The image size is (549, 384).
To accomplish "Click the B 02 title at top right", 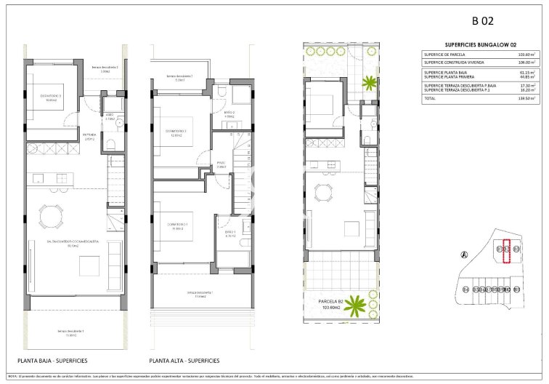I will [x=481, y=20].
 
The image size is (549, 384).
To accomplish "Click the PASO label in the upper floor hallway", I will [x=221, y=163].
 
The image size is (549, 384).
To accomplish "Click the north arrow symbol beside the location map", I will [x=463, y=255].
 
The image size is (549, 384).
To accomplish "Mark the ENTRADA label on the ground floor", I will [x=89, y=135].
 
